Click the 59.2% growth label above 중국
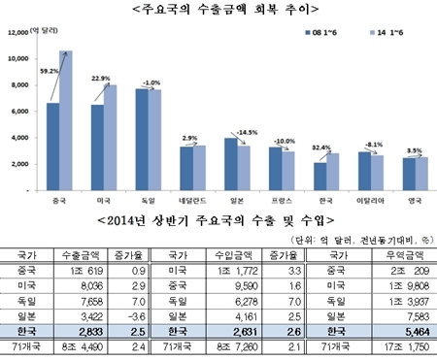[x=46, y=71]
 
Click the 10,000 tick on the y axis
[x=20, y=58]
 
